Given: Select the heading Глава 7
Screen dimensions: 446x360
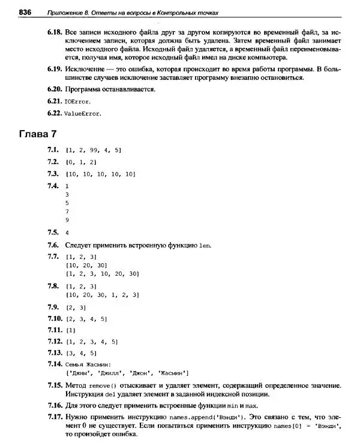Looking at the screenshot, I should [38, 132].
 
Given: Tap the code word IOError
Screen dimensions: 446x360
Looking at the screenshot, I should [77, 101].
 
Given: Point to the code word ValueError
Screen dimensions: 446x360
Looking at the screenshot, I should [83, 113].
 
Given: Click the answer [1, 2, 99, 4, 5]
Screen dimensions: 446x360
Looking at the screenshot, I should [93, 150].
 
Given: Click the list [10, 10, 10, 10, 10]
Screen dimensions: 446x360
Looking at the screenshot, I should [101, 174].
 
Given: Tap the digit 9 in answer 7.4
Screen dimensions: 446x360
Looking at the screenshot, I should [67, 220].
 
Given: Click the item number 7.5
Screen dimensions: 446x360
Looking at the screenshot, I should [53, 232].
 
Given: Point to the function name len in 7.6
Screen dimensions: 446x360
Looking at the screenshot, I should [205, 245].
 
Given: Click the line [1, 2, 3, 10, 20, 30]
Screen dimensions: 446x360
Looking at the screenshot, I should [103, 273].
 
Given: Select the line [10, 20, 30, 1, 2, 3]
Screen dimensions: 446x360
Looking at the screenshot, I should [103, 295].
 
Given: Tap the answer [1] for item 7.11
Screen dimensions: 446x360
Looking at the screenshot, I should [71, 330].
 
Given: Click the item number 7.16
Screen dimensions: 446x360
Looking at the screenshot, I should [55, 405].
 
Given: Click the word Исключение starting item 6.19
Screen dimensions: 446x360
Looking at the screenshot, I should [85, 69].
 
